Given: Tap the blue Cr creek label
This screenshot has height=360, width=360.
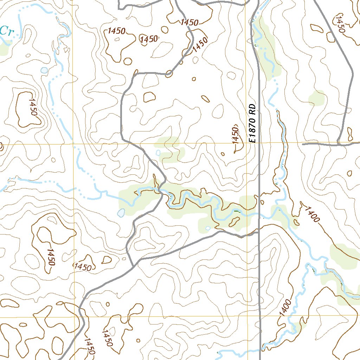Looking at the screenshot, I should (x=6, y=31).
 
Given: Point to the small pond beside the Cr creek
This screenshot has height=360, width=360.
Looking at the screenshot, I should (x=44, y=70).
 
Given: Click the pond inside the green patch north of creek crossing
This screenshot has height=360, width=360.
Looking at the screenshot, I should (x=158, y=153).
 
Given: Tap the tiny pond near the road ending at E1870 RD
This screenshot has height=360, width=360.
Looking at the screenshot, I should (x=208, y=228).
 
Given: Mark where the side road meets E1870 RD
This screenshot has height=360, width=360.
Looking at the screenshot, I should (x=259, y=232).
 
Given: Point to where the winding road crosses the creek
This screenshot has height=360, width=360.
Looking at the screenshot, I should (x=160, y=190).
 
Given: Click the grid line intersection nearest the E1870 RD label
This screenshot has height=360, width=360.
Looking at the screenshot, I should (x=246, y=143).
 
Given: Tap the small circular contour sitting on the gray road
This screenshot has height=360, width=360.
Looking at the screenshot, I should (x=169, y=73).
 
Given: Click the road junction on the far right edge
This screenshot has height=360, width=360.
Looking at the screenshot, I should (x=338, y=143).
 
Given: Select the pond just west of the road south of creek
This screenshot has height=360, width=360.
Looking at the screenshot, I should (x=121, y=213).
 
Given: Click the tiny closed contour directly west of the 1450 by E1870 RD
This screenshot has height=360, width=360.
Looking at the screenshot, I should (x=223, y=154).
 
